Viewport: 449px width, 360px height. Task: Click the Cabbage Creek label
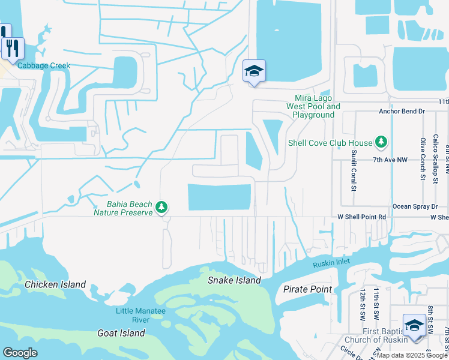tap(44, 66)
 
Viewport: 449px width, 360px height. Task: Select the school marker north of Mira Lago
tap(254, 72)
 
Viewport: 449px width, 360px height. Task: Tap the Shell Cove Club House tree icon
tap(381, 142)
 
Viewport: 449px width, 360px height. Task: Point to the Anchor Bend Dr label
tap(402, 112)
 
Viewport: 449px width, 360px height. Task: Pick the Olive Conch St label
tap(423, 158)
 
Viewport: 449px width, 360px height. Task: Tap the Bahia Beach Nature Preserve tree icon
tap(161, 207)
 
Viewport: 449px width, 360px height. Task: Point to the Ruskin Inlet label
tap(331, 263)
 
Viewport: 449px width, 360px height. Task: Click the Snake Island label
tap(234, 280)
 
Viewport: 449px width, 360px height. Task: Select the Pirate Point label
tap(307, 289)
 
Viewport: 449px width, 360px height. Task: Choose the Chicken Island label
tap(55, 284)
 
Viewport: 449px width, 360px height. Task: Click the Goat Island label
tap(121, 333)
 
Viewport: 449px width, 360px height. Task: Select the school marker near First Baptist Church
tap(414, 325)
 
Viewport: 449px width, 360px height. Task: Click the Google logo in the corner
tap(20, 353)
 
